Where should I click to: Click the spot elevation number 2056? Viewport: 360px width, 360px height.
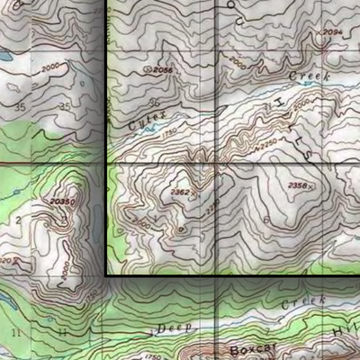point(162,69)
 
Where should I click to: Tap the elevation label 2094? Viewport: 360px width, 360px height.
point(332,32)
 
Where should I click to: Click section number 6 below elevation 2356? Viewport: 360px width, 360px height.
point(265,220)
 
